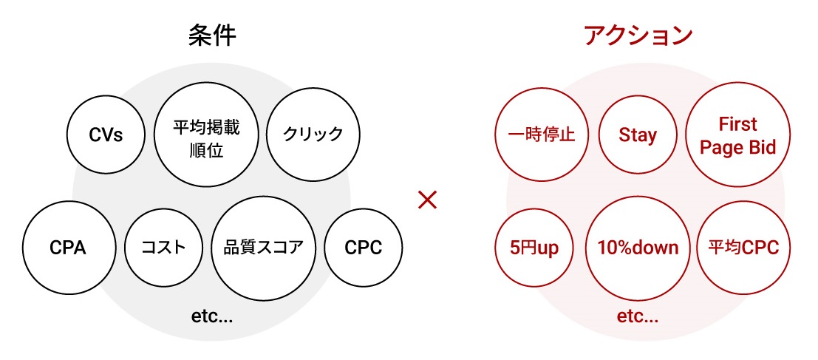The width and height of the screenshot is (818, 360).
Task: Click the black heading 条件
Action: tap(212, 36)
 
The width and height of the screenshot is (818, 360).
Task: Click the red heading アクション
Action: tap(638, 36)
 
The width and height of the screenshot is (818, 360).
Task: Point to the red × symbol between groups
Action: tap(427, 200)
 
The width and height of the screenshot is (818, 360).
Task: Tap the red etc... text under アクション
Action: tap(638, 316)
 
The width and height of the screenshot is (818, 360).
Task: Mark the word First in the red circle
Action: tap(737, 124)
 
